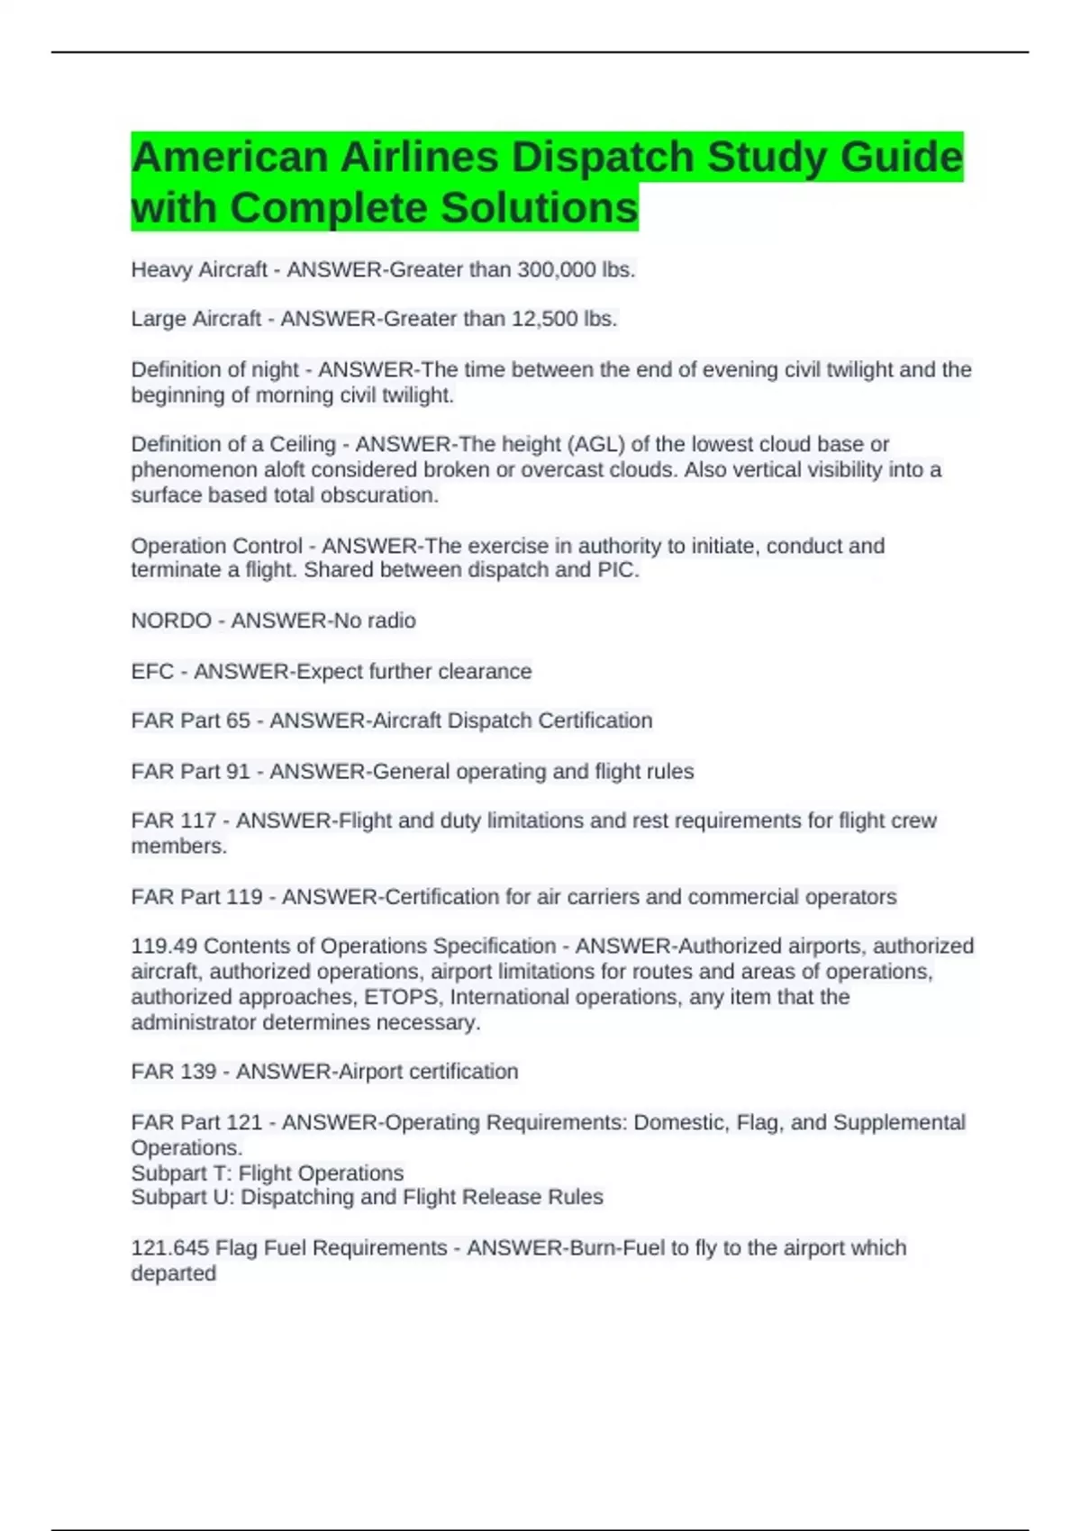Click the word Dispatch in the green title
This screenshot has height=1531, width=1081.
(x=605, y=158)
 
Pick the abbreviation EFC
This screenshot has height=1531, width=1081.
(x=152, y=671)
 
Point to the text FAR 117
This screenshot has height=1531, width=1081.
(x=174, y=820)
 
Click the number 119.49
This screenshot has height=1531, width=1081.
(x=164, y=946)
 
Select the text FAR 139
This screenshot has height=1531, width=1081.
(x=174, y=1071)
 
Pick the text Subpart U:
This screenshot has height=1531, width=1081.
(x=183, y=1197)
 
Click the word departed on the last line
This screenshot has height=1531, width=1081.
(x=174, y=1273)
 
